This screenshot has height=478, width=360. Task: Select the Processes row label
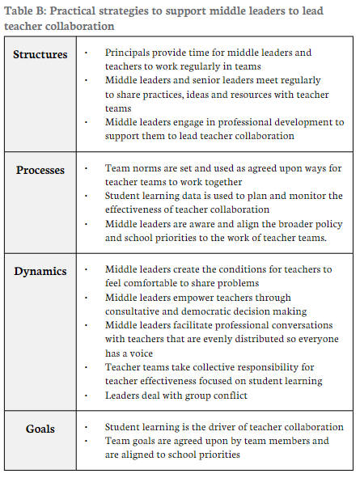[x=41, y=170]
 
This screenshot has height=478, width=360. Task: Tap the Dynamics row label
[x=40, y=271]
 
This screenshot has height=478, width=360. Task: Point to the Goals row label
[x=41, y=428]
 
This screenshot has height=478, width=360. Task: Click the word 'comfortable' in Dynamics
[x=154, y=284]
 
